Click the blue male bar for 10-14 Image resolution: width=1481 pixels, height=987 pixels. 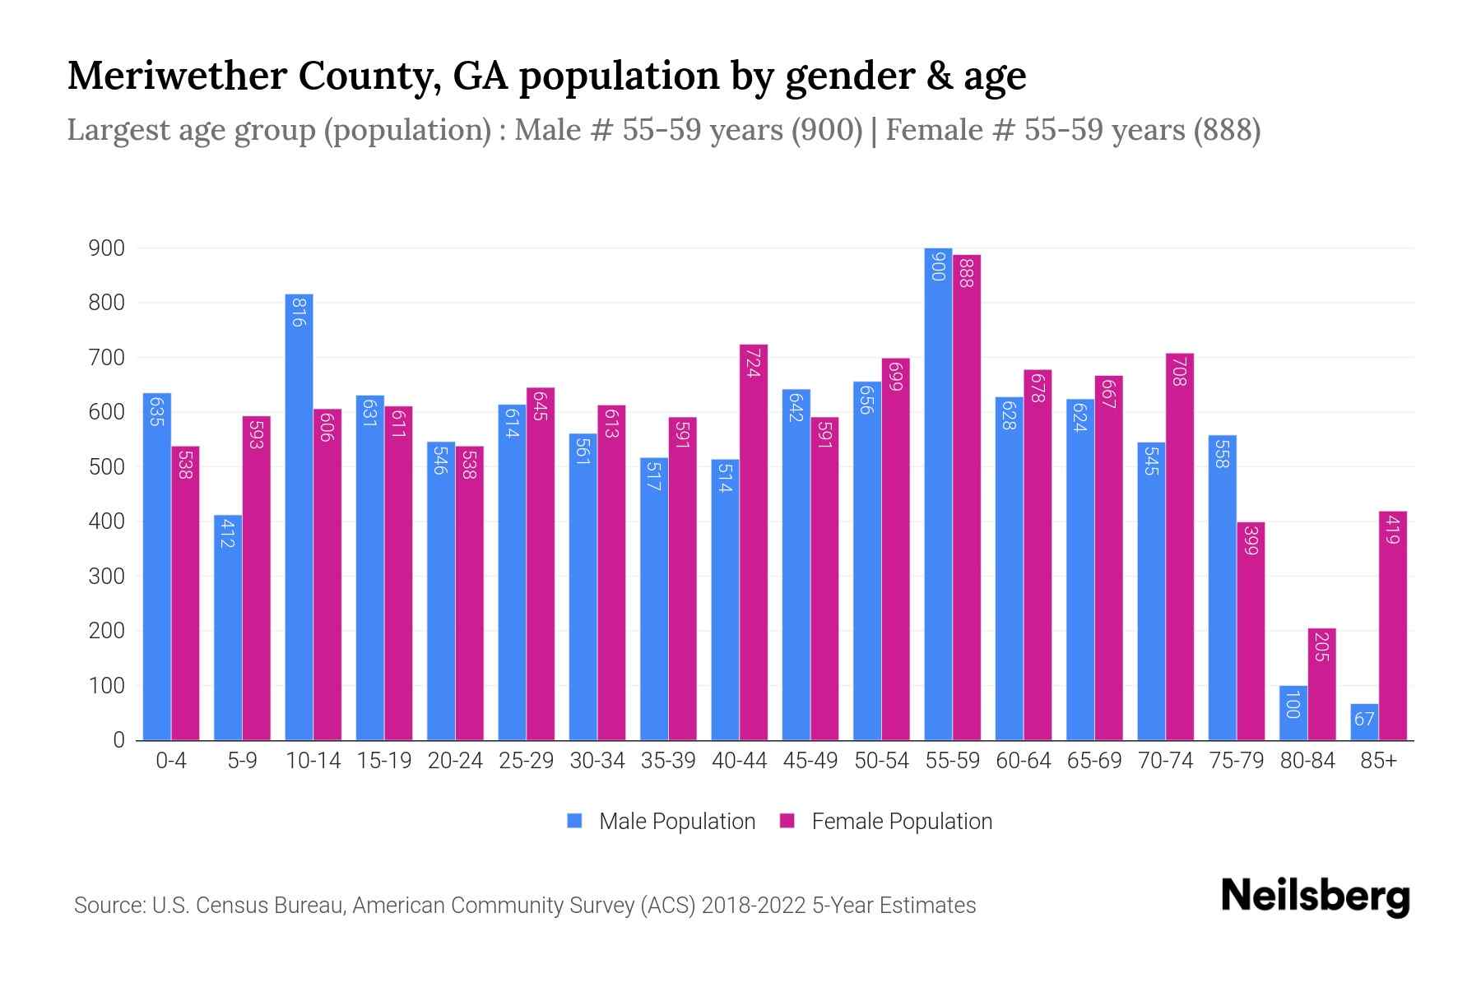[x=299, y=518]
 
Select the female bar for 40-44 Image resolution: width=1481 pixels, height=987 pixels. [x=753, y=543]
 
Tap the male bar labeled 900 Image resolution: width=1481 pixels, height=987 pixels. [x=938, y=493]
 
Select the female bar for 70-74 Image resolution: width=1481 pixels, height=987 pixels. [x=1179, y=547]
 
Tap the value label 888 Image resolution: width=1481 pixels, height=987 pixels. [x=967, y=272]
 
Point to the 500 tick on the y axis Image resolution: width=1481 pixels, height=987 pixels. [x=106, y=467]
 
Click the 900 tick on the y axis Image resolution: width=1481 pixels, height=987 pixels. [x=106, y=248]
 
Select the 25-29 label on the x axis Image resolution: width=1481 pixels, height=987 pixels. [x=526, y=761]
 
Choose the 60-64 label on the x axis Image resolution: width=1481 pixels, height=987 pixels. [x=1023, y=761]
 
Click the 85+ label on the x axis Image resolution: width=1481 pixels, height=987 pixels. [x=1378, y=761]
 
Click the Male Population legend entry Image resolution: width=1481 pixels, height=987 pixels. [x=676, y=822]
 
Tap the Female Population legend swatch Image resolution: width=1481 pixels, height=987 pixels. [x=787, y=821]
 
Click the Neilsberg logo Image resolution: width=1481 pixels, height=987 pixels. [x=1315, y=897]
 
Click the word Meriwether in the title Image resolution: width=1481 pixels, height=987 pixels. [x=175, y=76]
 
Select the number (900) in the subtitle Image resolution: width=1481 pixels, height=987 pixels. [x=826, y=130]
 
